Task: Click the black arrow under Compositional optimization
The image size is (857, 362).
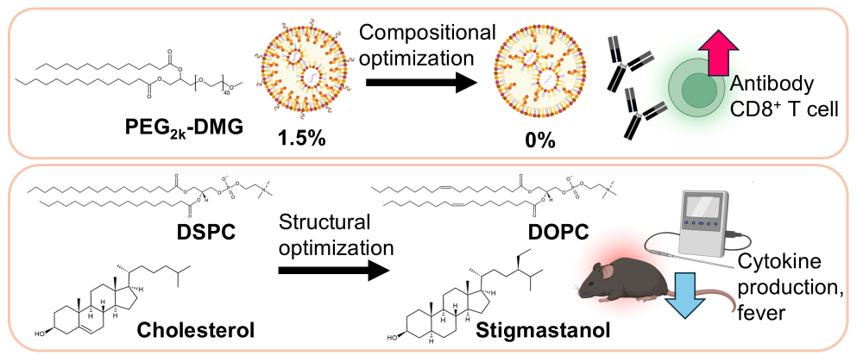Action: point(421,84)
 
